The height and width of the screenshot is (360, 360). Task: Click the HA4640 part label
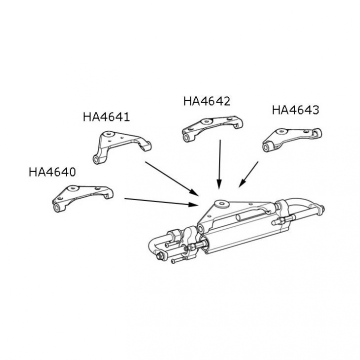pos(52,171)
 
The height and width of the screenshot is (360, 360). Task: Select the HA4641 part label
pos(106,116)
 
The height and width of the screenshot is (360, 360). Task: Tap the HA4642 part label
pos(206,101)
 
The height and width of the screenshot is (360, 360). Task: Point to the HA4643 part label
pos(295,109)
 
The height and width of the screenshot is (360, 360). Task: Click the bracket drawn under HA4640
pos(82,198)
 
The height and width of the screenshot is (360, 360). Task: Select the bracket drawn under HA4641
pos(122,147)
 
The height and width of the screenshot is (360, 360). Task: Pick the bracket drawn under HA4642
pos(212,129)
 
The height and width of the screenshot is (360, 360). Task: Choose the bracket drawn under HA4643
pos(292,139)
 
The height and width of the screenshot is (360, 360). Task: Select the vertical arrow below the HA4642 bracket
pos(219,164)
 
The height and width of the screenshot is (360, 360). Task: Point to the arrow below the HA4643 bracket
pos(248,174)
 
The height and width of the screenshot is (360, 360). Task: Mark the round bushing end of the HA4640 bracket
pos(56,208)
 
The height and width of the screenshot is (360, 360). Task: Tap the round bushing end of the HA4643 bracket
pos(267,147)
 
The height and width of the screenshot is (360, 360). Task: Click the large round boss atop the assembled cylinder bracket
pos(221,203)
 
